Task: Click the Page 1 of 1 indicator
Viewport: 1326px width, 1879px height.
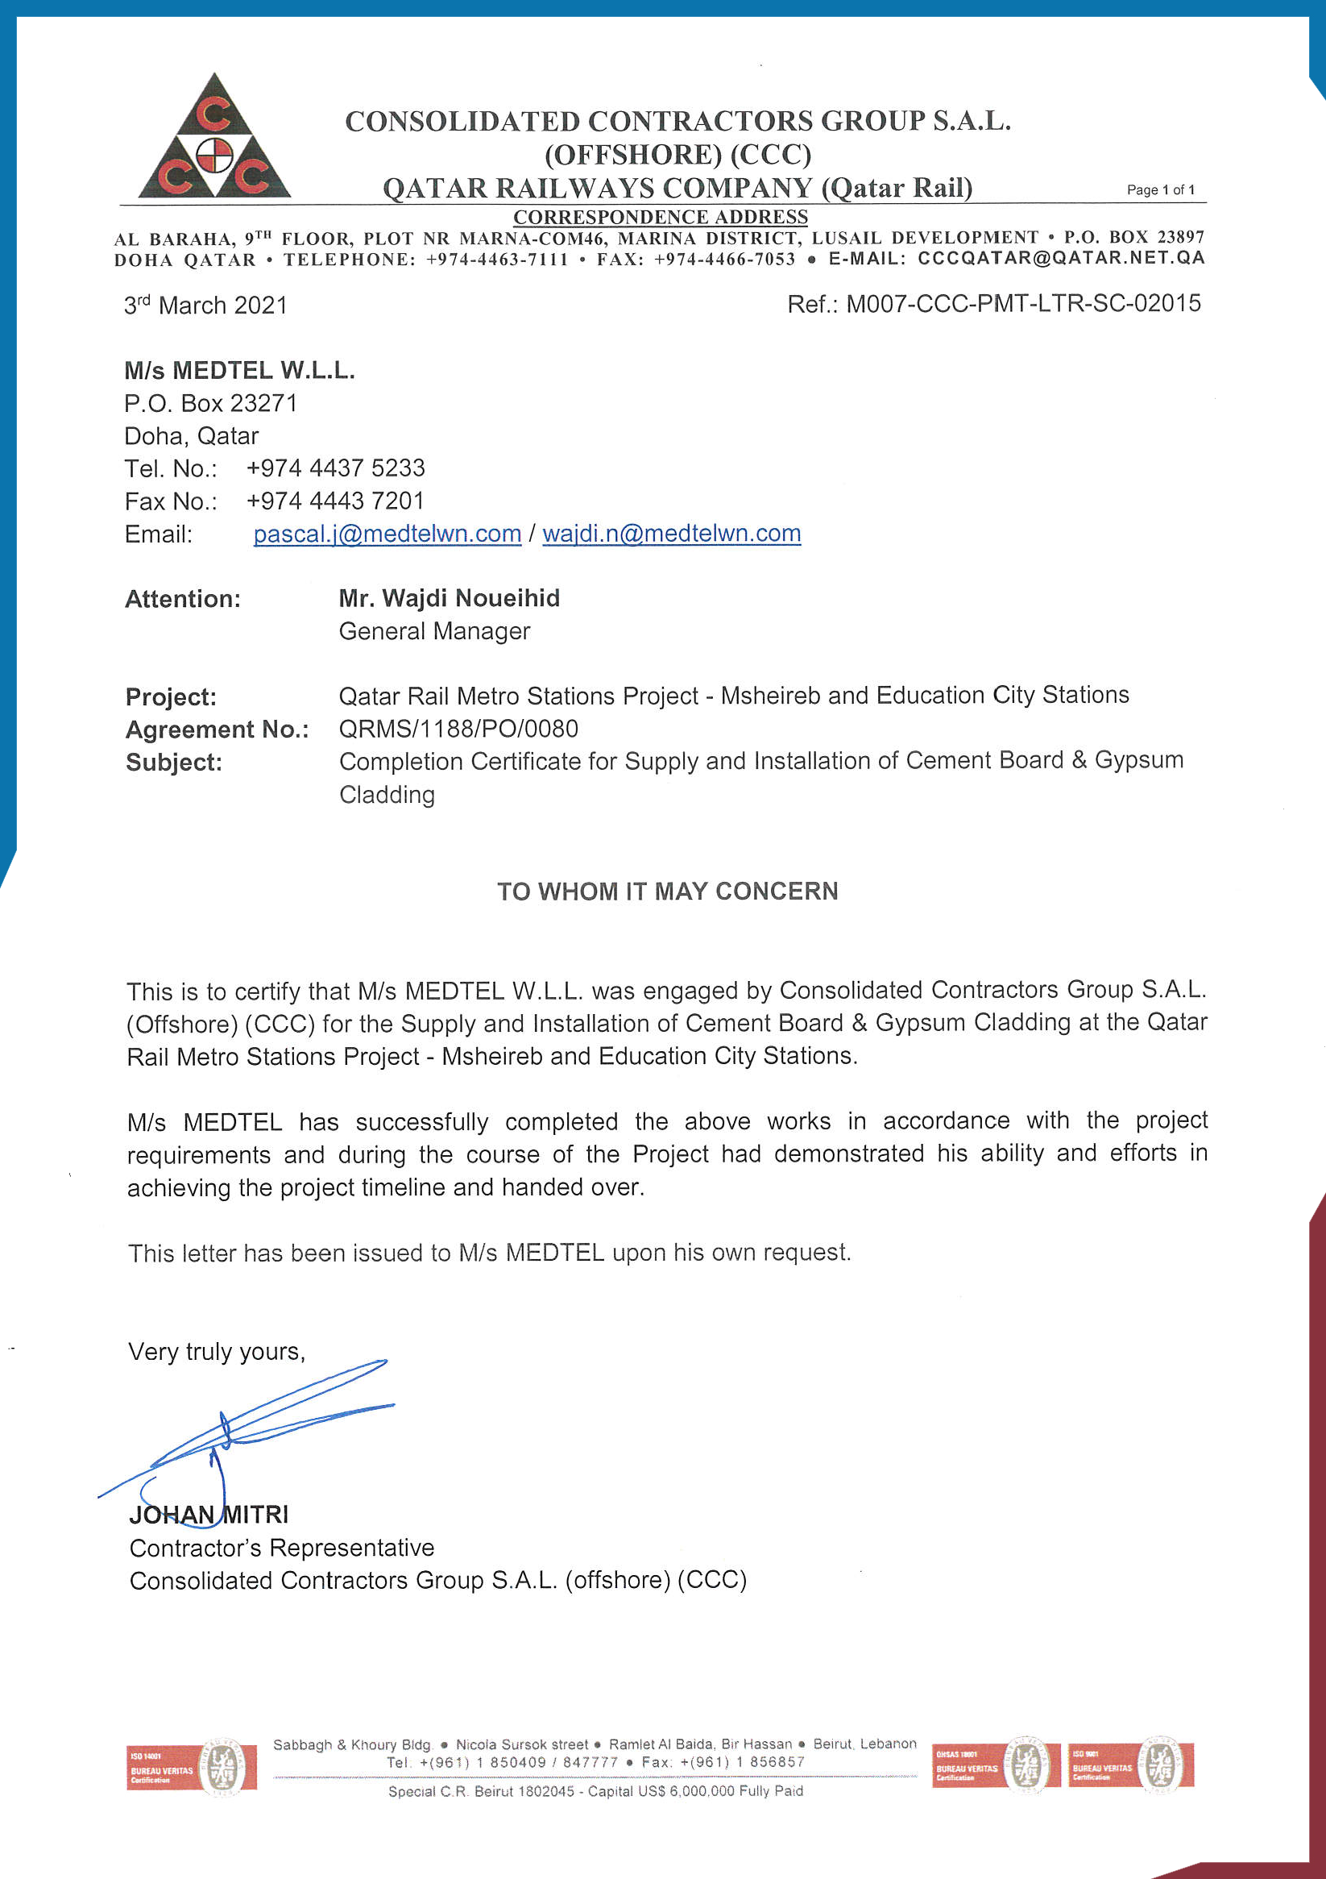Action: [1160, 190]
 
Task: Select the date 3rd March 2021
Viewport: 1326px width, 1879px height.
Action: [205, 306]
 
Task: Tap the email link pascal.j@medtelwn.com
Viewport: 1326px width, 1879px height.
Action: [387, 534]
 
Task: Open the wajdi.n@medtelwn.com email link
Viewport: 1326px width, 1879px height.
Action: [671, 534]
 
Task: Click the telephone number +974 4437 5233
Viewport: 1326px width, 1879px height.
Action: [335, 468]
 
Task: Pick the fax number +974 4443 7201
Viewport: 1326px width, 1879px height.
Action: [335, 501]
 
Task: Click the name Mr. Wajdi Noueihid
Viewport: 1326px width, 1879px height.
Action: [449, 598]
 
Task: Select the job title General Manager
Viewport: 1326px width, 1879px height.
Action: [434, 631]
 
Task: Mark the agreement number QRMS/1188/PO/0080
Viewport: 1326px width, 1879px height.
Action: [458, 729]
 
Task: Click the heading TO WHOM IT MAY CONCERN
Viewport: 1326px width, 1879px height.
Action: [668, 892]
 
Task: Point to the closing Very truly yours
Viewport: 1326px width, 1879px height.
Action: [217, 1351]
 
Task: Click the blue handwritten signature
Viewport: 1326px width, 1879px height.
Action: [246, 1428]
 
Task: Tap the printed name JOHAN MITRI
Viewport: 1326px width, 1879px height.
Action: [209, 1515]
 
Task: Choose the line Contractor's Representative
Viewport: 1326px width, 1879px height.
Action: [281, 1548]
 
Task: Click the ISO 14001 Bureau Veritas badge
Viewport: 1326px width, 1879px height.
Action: [192, 1767]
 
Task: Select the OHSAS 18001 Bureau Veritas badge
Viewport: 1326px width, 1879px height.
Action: [996, 1765]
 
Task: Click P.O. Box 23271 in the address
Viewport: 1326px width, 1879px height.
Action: [210, 404]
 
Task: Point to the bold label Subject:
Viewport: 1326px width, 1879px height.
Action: [173, 763]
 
